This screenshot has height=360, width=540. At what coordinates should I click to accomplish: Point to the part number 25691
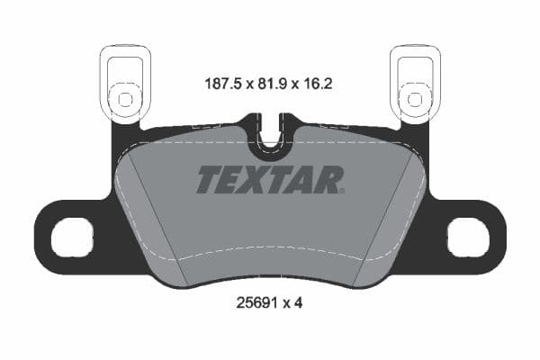point(254,303)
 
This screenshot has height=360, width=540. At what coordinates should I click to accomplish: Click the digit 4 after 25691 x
point(298,303)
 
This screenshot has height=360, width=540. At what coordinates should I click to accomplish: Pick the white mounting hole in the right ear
point(468,238)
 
